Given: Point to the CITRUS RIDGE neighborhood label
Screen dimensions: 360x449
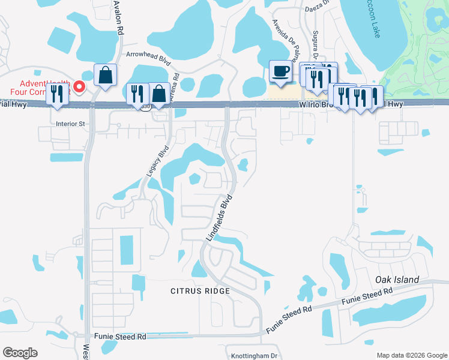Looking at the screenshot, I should tap(200, 291).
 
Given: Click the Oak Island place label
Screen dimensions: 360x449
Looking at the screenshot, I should tap(396, 280).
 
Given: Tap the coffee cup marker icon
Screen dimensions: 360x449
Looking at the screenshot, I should tap(280, 72).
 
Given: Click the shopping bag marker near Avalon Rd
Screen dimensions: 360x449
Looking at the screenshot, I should tap(105, 75).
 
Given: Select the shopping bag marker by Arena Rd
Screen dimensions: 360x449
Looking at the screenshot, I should tap(159, 94).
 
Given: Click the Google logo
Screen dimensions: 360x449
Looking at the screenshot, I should tap(20, 353).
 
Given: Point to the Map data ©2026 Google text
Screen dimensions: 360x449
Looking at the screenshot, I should tap(412, 355).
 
